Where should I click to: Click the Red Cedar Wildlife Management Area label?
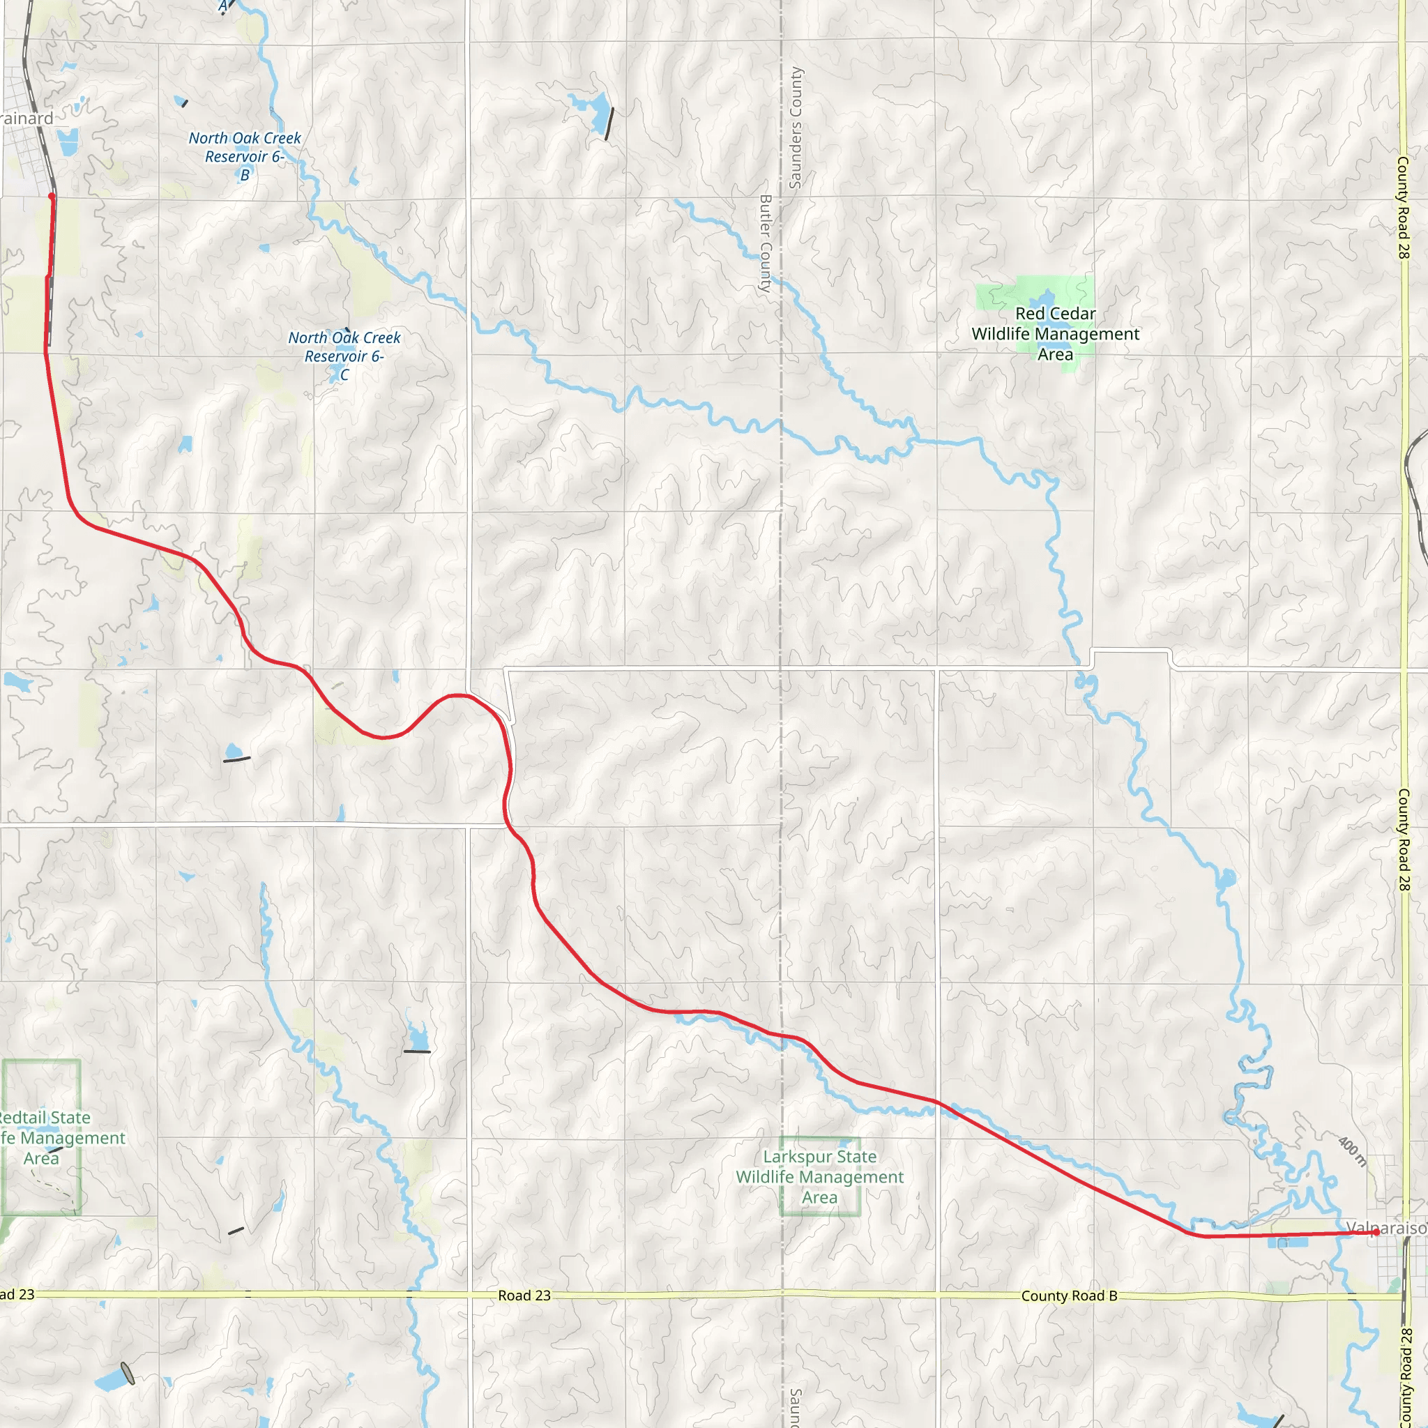click(1055, 334)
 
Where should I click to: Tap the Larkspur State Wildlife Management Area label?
click(820, 1177)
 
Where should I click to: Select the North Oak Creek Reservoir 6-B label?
click(245, 156)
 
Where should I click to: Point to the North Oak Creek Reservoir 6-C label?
click(344, 356)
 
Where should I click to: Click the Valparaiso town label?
click(1386, 1228)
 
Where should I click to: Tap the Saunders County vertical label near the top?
click(796, 128)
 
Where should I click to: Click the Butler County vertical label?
click(766, 244)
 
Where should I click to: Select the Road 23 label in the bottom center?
click(524, 1295)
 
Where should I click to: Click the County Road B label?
click(1069, 1296)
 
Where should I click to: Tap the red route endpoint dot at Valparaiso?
click(1375, 1232)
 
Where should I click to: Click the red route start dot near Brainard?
click(51, 196)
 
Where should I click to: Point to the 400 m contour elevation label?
click(1352, 1152)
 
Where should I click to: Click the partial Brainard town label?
click(26, 119)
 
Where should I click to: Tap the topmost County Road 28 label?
click(1403, 207)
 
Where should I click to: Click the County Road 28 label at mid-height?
click(1403, 839)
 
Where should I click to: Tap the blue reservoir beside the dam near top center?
click(598, 109)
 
